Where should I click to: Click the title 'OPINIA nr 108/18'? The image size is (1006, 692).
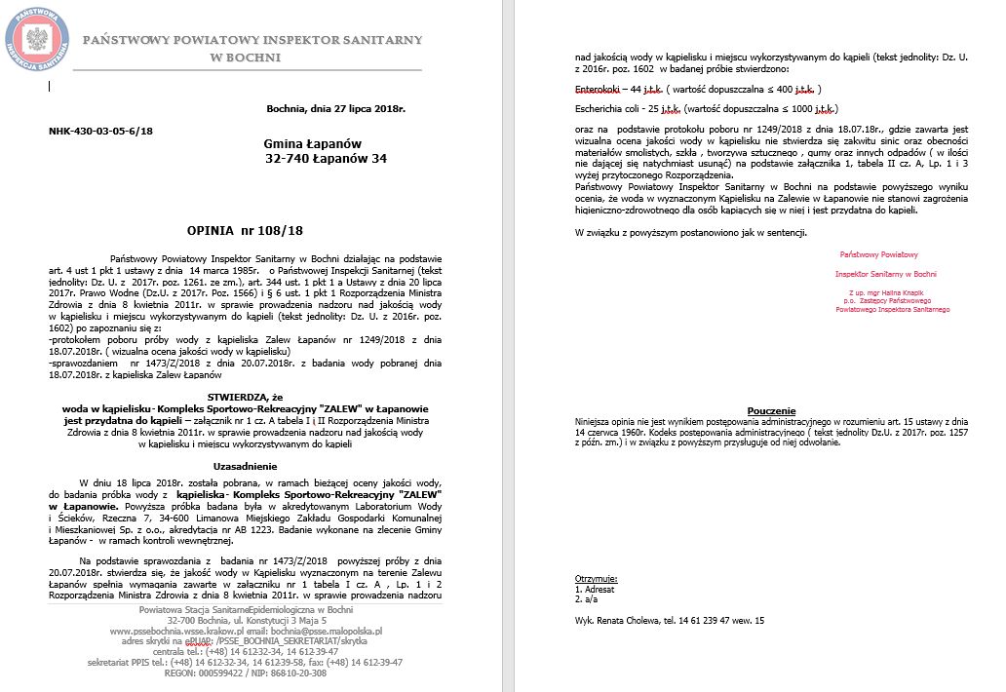pyautogui.click(x=245, y=231)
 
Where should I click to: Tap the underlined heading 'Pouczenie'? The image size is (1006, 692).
pyautogui.click(x=772, y=411)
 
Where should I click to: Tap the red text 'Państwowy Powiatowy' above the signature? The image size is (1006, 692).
pyautogui.click(x=879, y=254)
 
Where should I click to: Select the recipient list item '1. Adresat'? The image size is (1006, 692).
pyautogui.click(x=595, y=591)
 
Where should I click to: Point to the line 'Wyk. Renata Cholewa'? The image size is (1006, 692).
pyautogui.click(x=629, y=620)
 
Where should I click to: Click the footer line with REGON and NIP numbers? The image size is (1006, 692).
pyautogui.click(x=246, y=673)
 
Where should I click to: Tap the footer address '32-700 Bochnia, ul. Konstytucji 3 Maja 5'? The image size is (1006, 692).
pyautogui.click(x=246, y=620)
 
